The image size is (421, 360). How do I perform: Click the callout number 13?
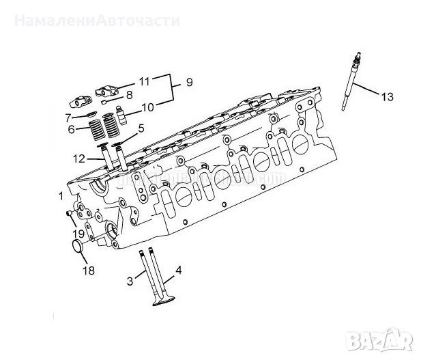pyautogui.click(x=387, y=98)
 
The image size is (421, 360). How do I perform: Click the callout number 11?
pyautogui.click(x=144, y=81)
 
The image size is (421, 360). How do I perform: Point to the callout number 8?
pyautogui.click(x=129, y=95)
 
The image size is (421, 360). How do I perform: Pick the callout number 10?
pyautogui.click(x=148, y=107)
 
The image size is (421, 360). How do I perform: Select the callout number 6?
pyautogui.click(x=71, y=128)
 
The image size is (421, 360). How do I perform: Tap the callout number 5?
pyautogui.click(x=141, y=128)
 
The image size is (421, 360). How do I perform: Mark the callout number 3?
pyautogui.click(x=130, y=281)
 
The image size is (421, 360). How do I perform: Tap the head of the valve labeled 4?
pyautogui.click(x=163, y=301)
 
